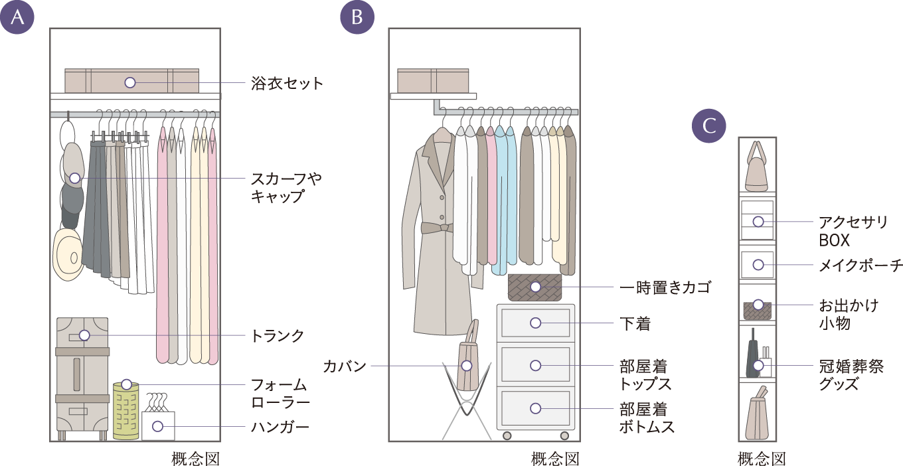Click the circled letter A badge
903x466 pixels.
tap(18, 18)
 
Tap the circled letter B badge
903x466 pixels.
tap(357, 18)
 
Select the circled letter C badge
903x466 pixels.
tap(709, 126)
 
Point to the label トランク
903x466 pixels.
tap(277, 336)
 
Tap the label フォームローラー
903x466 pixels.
tap(280, 394)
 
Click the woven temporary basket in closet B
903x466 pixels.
tap(535, 287)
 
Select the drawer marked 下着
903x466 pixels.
tap(535, 323)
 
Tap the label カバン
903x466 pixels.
tap(345, 366)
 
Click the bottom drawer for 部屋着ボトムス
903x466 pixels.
tap(535, 408)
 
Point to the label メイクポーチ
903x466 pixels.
tap(860, 266)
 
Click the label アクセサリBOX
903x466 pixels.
tap(852, 230)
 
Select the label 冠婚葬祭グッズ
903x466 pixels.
tap(851, 375)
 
